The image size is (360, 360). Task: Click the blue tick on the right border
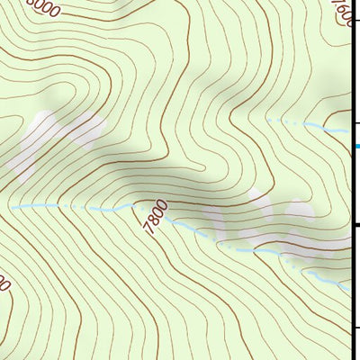tap(356, 145)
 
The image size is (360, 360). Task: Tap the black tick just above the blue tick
tap(355, 123)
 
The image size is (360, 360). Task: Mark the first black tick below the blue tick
tap(355, 224)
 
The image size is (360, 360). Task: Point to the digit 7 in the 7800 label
tap(147, 230)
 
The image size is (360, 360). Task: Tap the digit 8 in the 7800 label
tap(153, 221)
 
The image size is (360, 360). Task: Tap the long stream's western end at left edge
tap(13, 206)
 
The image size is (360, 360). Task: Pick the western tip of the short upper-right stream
tap(268, 119)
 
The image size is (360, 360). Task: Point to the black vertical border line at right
tap(351, 180)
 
